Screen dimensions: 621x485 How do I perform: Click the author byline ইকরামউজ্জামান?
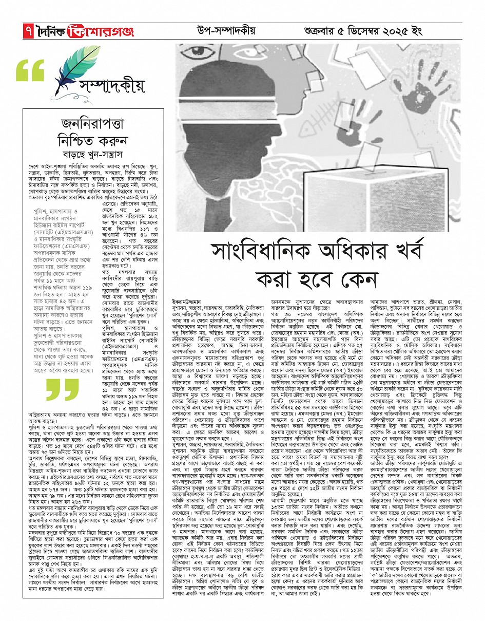click(x=187, y=298)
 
